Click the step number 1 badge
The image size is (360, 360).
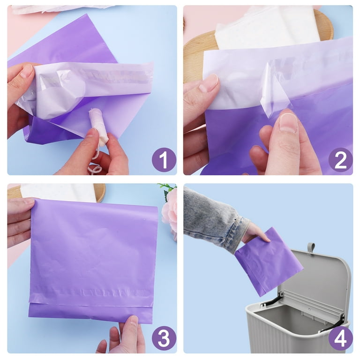[x=164, y=160]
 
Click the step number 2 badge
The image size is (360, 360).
[x=340, y=160]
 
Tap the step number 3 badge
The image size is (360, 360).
[x=164, y=338]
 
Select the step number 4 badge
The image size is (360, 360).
[x=340, y=338]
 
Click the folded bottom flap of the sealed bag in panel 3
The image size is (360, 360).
[x=90, y=312]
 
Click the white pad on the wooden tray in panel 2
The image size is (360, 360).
[x=268, y=28]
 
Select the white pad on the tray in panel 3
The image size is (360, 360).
[x=59, y=192]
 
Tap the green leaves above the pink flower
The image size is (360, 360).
[x=167, y=189]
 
